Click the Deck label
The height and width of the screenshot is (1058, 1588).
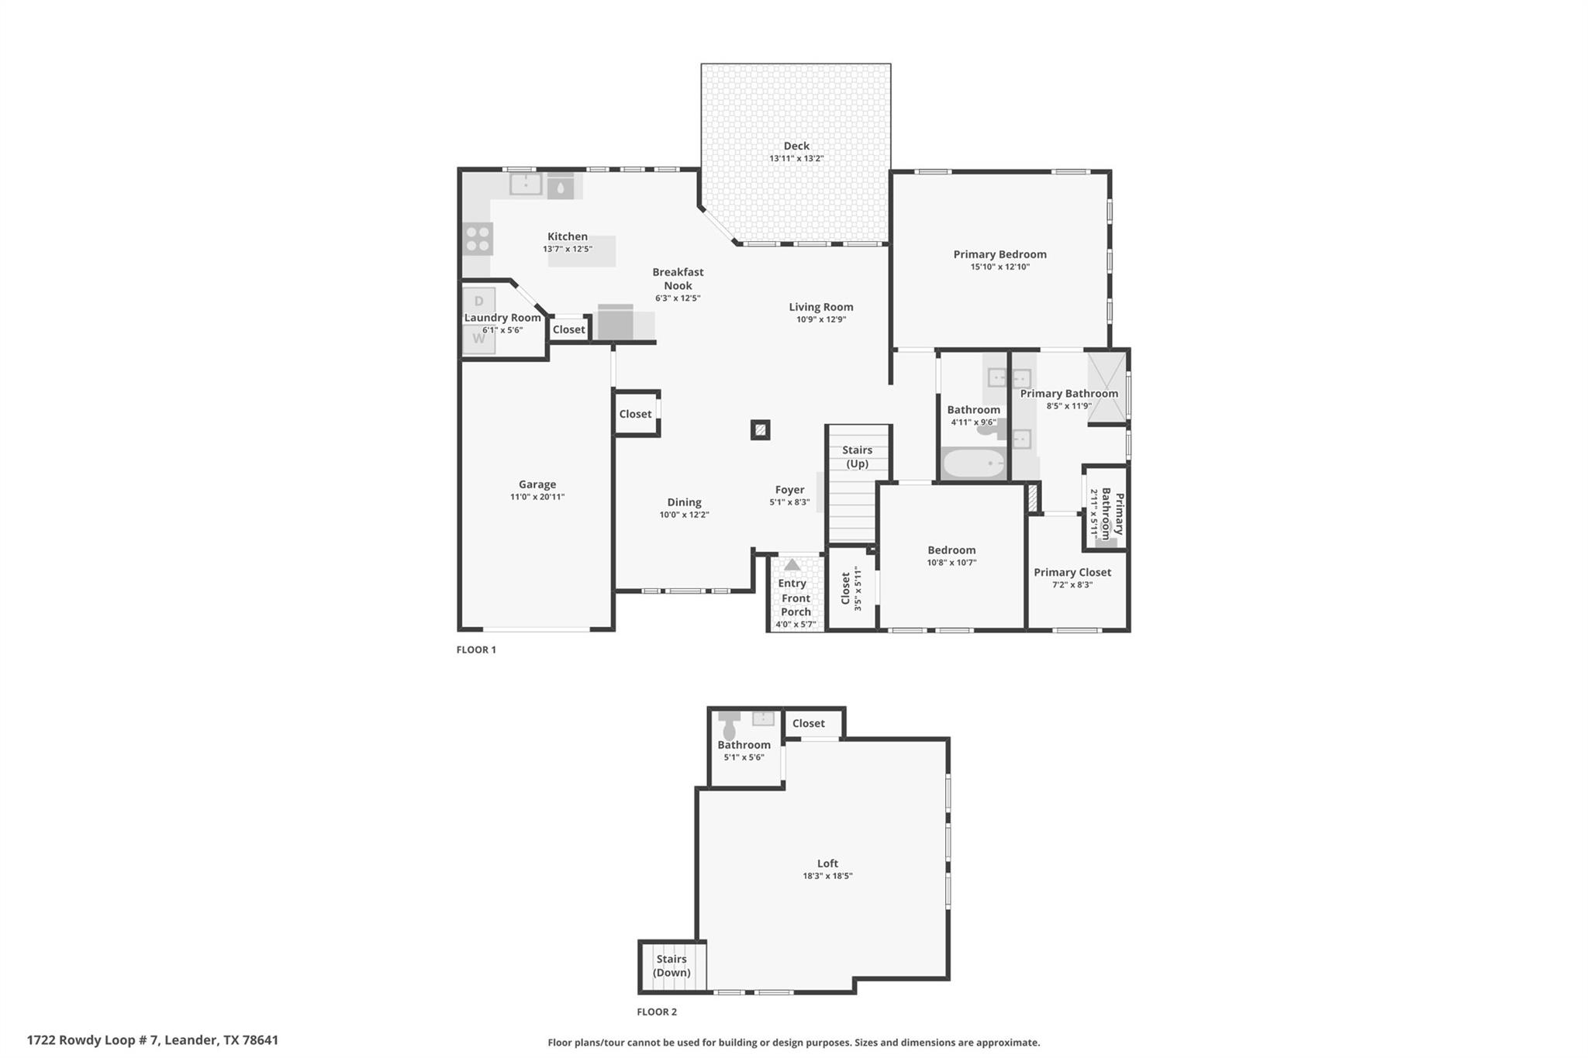(x=796, y=146)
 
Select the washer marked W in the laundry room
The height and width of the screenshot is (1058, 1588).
(x=478, y=339)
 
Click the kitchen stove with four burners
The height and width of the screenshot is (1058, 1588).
(x=478, y=239)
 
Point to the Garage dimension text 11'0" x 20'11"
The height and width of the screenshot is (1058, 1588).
(x=537, y=497)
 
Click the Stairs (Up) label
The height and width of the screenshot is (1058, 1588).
(x=857, y=457)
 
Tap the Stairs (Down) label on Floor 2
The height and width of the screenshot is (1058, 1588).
(x=671, y=966)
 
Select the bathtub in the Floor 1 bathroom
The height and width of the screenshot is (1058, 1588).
(x=974, y=465)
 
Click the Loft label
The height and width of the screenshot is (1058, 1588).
(x=827, y=863)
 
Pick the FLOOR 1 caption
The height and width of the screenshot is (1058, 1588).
(x=476, y=650)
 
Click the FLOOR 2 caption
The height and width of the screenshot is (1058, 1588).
(x=657, y=1011)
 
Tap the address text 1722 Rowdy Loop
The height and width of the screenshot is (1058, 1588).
(x=93, y=1040)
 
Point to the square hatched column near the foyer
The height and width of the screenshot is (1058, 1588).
(x=761, y=429)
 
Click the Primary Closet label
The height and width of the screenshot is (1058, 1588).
(x=1072, y=572)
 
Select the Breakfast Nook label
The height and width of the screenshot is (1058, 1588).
(x=678, y=279)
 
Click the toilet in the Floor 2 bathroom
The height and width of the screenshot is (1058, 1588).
(x=729, y=726)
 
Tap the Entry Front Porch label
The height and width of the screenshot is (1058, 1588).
(x=796, y=598)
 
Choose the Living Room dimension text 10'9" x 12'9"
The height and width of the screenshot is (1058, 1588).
(x=821, y=319)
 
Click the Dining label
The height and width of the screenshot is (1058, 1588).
(x=684, y=502)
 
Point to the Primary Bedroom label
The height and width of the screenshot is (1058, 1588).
(x=1000, y=254)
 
